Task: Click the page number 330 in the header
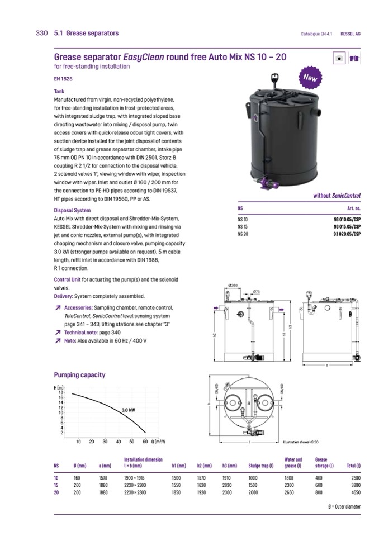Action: coord(41,33)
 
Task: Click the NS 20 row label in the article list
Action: coord(243,234)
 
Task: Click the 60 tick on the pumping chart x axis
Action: coord(145,441)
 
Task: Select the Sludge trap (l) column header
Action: coord(261,466)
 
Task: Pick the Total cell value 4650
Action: coord(353,493)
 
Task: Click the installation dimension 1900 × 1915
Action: coord(133,478)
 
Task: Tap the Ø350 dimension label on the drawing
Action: coord(234,286)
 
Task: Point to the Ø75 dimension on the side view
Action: coord(256,291)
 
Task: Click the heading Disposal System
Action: coord(72,211)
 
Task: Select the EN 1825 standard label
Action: coord(63,79)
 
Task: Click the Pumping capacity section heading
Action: coord(79,375)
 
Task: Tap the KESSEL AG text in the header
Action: coord(350,34)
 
